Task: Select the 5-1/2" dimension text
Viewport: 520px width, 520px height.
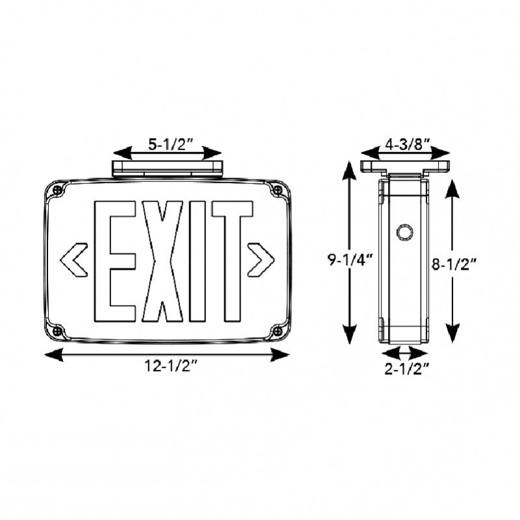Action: (168, 146)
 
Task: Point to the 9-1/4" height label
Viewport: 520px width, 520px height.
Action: (350, 261)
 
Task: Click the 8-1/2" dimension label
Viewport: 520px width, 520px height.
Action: (455, 264)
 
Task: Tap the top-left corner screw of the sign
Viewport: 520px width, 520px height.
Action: (58, 190)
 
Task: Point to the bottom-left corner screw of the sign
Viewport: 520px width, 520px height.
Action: (58, 331)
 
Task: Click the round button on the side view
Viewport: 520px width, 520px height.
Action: (404, 231)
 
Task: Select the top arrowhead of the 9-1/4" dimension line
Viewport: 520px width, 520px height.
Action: (350, 170)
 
